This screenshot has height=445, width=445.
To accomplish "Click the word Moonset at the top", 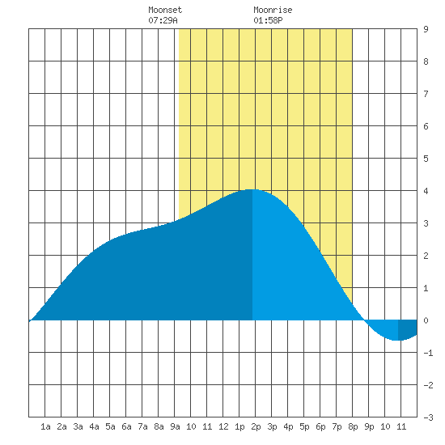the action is pyautogui.click(x=165, y=11).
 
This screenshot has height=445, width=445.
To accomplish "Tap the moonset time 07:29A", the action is pyautogui.click(x=163, y=20).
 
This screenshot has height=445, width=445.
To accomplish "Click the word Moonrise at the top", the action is pyautogui.click(x=273, y=11).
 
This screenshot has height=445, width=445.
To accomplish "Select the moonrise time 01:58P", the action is pyautogui.click(x=268, y=20).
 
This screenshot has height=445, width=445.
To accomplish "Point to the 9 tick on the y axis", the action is pyautogui.click(x=426, y=29).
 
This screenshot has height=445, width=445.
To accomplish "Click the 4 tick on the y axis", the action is pyautogui.click(x=426, y=191).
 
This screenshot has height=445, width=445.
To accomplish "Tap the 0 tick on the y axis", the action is pyautogui.click(x=426, y=320).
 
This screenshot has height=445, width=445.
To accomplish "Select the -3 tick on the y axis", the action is pyautogui.click(x=428, y=417).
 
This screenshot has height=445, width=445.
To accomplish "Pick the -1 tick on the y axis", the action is pyautogui.click(x=428, y=353).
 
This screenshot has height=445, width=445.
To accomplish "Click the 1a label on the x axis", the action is pyautogui.click(x=45, y=426).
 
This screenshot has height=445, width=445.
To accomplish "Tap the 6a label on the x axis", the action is pyautogui.click(x=126, y=426).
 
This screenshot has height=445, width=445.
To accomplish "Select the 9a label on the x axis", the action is pyautogui.click(x=175, y=426).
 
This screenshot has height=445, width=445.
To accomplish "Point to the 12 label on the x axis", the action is pyautogui.click(x=223, y=426).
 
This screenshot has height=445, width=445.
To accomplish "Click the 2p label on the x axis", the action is pyautogui.click(x=256, y=426).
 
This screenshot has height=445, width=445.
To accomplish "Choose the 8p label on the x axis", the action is pyautogui.click(x=353, y=426).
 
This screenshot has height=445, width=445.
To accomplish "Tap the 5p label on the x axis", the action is pyautogui.click(x=304, y=426).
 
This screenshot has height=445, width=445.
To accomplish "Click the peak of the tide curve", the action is pyautogui.click(x=251, y=189).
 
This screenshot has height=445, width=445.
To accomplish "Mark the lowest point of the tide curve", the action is pyautogui.click(x=396, y=340).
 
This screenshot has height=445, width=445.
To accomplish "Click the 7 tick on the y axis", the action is pyautogui.click(x=426, y=94).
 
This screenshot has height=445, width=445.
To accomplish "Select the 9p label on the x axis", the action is pyautogui.click(x=369, y=426).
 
